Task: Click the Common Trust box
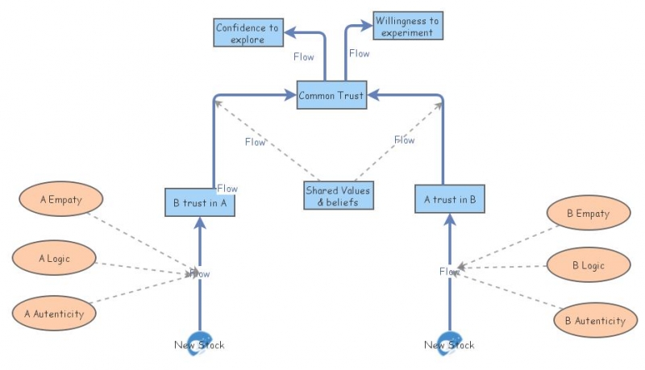coord(331,95)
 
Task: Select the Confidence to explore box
coord(248,32)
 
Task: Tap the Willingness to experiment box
coord(408,26)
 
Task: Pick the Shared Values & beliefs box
coord(339,196)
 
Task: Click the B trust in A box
coord(200,202)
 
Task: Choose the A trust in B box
coord(450,199)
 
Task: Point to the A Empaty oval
coord(61,199)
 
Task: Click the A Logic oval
coord(54,258)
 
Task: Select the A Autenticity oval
coord(54,314)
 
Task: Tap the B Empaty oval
coord(589,213)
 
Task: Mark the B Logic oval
coord(589,265)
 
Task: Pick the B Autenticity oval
coord(595,320)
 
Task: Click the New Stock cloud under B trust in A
coord(200,343)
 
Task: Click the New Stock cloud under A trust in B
coord(450,343)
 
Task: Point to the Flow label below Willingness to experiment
coord(359,53)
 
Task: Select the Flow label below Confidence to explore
coord(304,56)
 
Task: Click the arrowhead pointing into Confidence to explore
coord(289,32)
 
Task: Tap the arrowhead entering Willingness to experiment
coord(367,26)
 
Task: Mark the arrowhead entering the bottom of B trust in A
coord(200,222)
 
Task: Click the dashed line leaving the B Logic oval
coord(502,267)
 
